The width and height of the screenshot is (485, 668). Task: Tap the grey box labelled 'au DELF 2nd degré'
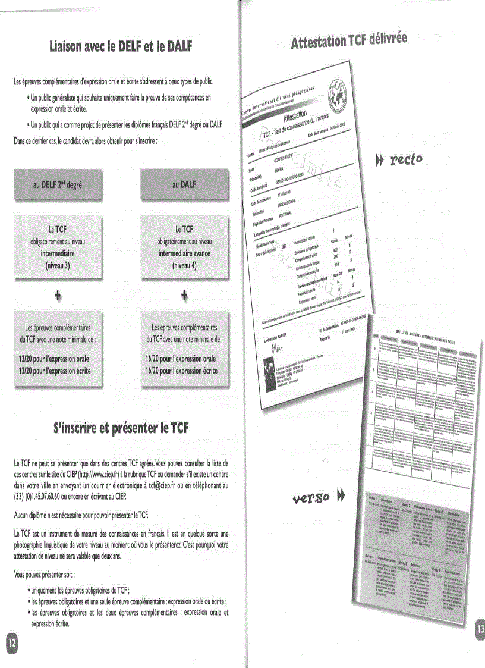[58, 184]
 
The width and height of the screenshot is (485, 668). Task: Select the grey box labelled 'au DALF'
[184, 184]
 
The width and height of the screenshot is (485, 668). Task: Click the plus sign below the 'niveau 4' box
[184, 296]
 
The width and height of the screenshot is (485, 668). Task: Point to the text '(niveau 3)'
[58, 266]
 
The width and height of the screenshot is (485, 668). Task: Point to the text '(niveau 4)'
[184, 265]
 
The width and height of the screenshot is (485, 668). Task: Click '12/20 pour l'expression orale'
[54, 359]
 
